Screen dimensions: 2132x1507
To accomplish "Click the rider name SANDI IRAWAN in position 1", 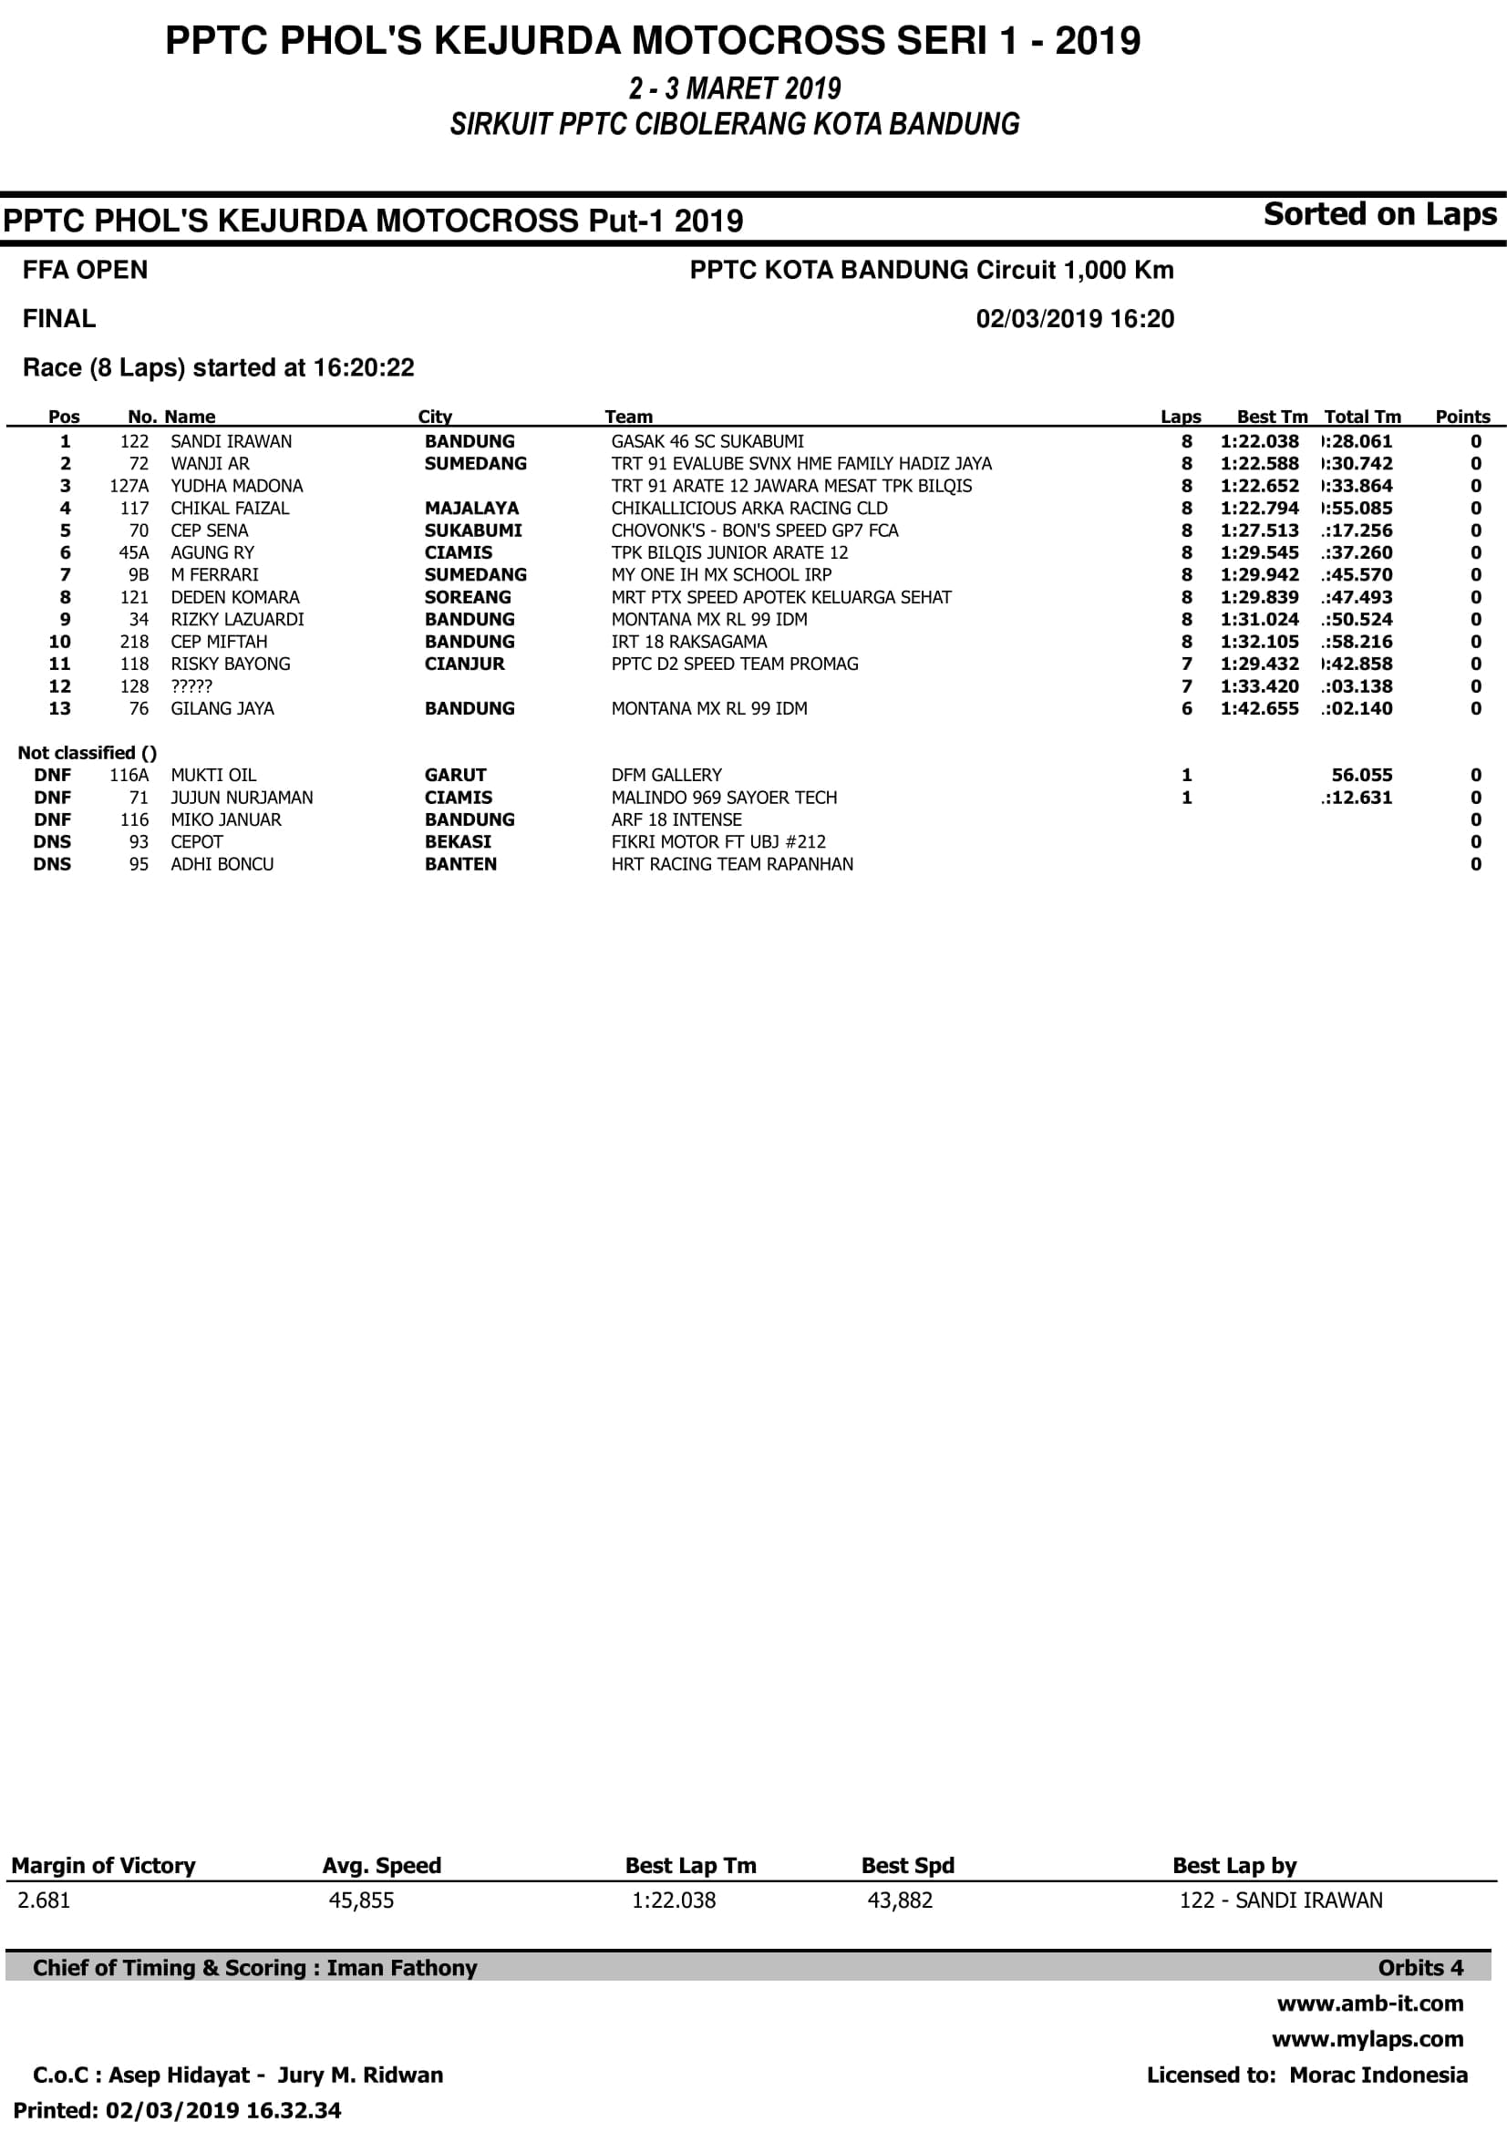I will [231, 441].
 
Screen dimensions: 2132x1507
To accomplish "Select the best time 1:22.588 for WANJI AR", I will [1259, 463].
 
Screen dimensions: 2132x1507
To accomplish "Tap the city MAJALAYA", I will [470, 508].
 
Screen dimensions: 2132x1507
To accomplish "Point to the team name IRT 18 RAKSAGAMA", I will [688, 642].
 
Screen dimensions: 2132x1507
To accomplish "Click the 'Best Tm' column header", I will [1271, 417].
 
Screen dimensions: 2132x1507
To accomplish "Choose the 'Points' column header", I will [1461, 417].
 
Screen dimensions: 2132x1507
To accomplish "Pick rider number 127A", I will [129, 486].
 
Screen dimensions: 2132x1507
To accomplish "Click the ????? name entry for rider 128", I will [191, 686].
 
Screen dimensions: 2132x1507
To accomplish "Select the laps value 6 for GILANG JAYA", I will [1186, 708].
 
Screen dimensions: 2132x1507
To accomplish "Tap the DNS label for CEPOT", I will [52, 842].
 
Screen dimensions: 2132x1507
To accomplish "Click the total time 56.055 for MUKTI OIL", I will [1361, 776].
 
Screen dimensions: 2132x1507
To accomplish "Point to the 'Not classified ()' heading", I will [87, 753].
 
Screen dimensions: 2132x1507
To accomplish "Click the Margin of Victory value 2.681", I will [44, 1900].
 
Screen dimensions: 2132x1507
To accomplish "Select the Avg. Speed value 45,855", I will [361, 1900].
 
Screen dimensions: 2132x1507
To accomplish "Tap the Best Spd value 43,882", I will [899, 1900].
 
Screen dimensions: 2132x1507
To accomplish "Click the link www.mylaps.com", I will [1367, 2039].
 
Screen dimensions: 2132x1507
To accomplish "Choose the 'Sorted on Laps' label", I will [1378, 214].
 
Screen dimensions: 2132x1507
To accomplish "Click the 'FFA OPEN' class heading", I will [85, 270].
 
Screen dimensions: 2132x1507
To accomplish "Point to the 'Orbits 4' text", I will [1419, 1968].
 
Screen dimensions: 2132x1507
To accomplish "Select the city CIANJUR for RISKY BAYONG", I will [464, 664].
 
